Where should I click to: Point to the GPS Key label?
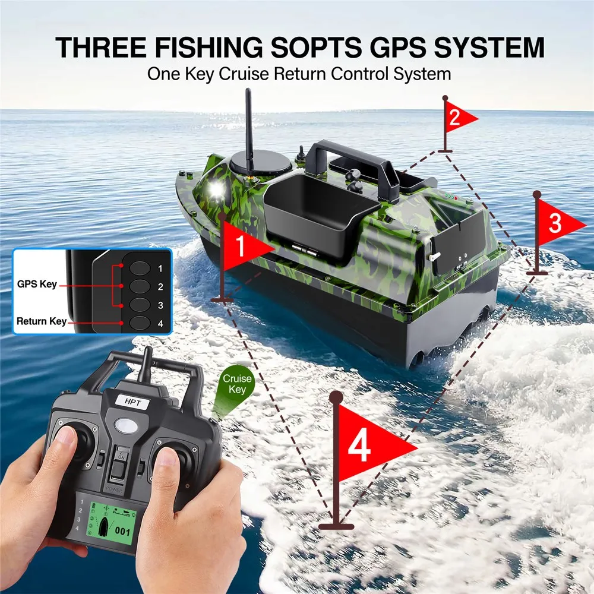click(37, 284)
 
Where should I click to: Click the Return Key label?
click(41, 321)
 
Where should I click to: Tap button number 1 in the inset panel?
click(140, 268)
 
